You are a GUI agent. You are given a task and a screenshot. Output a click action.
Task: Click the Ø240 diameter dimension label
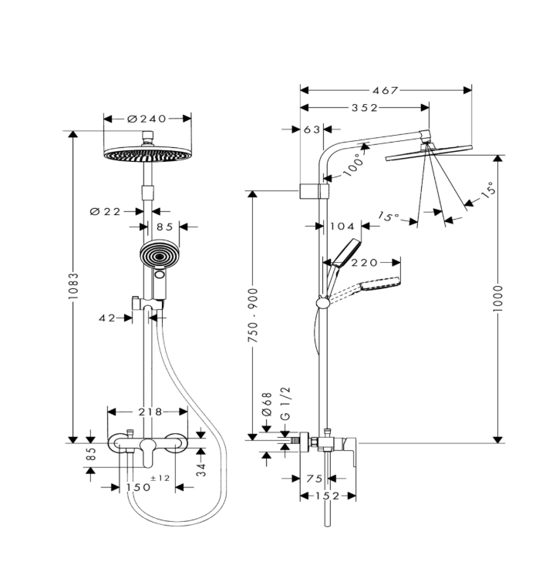click(x=147, y=119)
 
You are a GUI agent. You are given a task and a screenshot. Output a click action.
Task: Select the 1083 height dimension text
click(x=73, y=286)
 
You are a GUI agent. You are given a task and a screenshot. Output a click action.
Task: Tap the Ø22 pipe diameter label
click(x=106, y=212)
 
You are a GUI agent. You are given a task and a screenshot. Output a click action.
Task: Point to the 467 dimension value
click(x=385, y=90)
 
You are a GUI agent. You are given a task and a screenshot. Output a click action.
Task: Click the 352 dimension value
click(x=365, y=108)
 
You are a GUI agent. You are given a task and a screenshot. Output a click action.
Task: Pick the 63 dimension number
click(x=312, y=129)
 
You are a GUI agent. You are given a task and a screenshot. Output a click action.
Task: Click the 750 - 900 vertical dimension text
click(x=253, y=316)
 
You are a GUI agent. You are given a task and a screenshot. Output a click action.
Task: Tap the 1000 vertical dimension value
click(x=497, y=298)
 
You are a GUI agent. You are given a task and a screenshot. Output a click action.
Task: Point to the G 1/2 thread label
click(x=285, y=403)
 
